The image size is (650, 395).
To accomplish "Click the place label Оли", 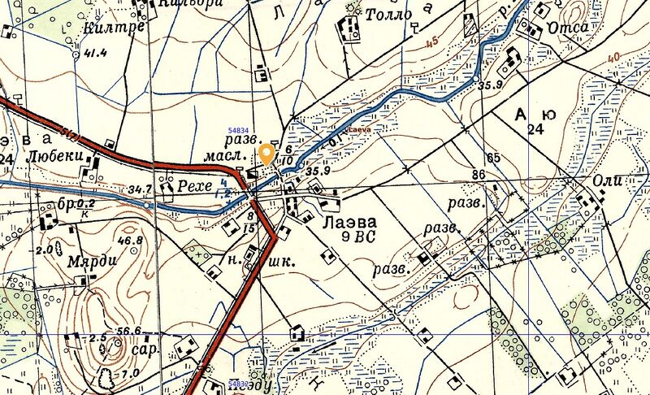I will pyautogui.click(x=607, y=180).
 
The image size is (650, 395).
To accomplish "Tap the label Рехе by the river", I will pyautogui.click(x=195, y=187).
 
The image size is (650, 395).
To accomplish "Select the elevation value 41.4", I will pyautogui.click(x=95, y=54).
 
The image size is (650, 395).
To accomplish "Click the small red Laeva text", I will pyautogui.click(x=358, y=128).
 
